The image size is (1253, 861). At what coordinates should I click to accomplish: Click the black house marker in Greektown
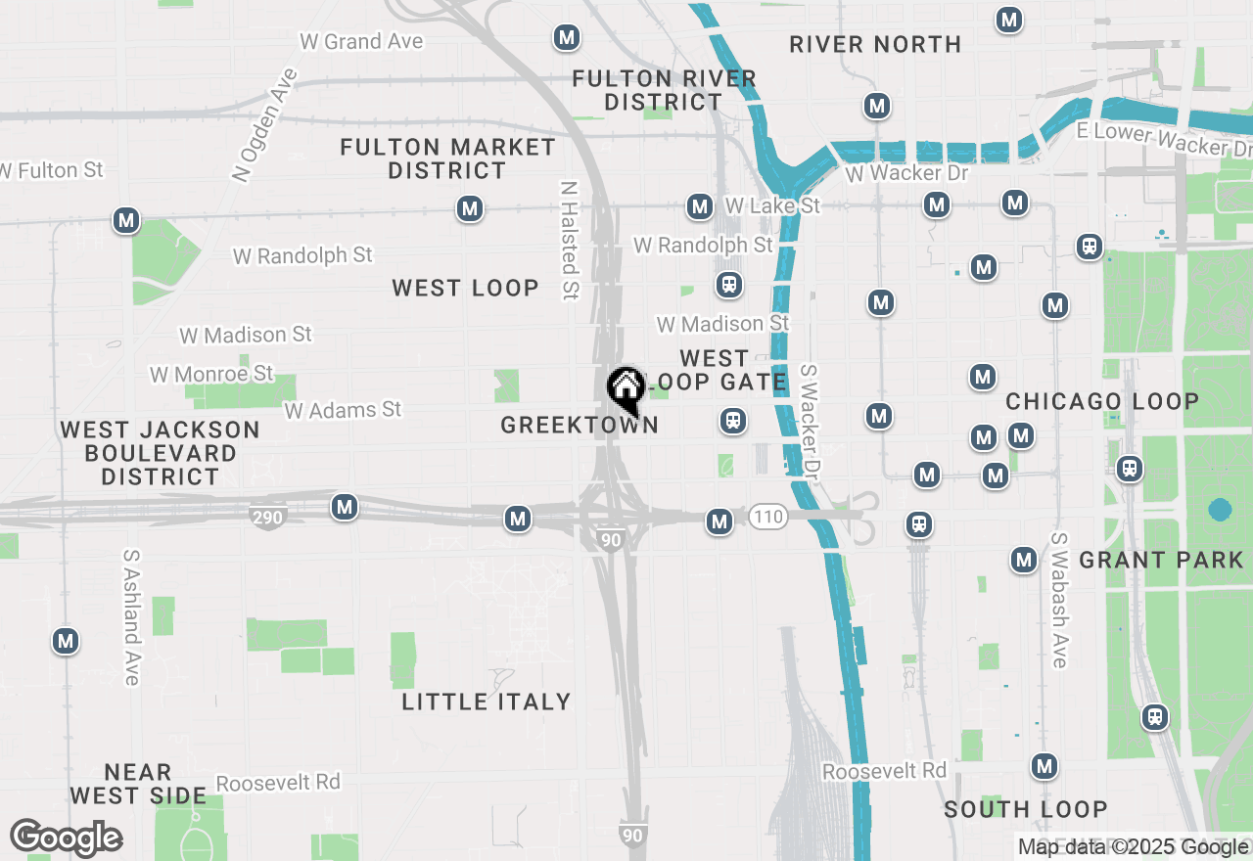pos(626,388)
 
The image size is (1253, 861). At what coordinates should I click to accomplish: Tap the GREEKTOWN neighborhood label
pos(579,425)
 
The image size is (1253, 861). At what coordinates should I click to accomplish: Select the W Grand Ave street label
pos(361,41)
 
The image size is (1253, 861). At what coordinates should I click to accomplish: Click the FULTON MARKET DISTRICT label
pos(447,159)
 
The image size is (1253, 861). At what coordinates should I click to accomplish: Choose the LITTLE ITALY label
pos(487,702)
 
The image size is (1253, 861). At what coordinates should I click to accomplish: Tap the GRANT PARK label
pos(1161,561)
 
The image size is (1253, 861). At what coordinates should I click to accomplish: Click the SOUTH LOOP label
pos(1026,809)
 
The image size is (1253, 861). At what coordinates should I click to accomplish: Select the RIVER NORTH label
pos(875,44)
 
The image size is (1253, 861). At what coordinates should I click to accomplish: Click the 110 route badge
pos(769,517)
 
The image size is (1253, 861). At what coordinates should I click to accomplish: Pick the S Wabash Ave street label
pos(1059,600)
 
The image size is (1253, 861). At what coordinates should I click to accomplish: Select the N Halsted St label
pos(570,239)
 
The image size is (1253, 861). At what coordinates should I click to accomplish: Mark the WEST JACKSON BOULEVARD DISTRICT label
pos(161,453)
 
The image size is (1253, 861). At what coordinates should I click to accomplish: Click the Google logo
pos(66,838)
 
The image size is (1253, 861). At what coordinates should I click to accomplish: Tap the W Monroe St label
pos(211,374)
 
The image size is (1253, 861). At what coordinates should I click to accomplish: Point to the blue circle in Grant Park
pos(1220,510)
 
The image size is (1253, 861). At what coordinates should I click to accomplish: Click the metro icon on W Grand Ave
pos(566,38)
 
